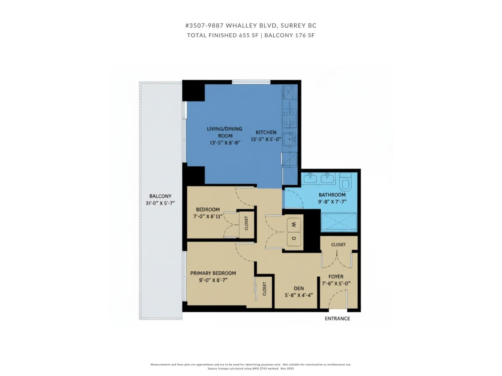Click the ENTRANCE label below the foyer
[337, 318]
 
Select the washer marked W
[294, 225]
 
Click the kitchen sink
[289, 139]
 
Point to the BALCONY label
[160, 196]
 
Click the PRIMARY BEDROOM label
[213, 273]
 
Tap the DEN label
[299, 288]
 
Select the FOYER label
[336, 277]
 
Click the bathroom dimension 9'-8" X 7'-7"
[332, 202]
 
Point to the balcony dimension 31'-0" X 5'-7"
[160, 203]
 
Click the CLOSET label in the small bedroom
[246, 223]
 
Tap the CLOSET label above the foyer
[338, 244]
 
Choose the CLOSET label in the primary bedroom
[264, 289]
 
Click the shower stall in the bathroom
[339, 222]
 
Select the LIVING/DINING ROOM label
[225, 132]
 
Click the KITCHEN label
[266, 132]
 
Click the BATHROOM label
[332, 195]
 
